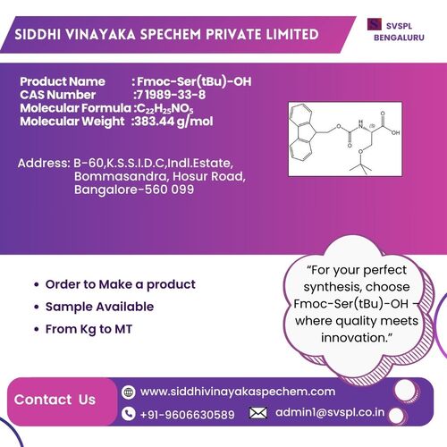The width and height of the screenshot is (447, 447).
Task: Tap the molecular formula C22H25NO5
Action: pos(165,108)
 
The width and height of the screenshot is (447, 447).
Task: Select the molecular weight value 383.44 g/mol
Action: pos(174,122)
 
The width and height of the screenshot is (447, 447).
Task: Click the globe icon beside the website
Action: pos(129,392)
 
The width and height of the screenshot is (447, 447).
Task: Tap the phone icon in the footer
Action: pos(129,414)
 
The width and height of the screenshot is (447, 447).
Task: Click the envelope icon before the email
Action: pos(257,413)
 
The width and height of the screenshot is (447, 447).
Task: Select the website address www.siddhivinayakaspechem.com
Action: pos(238,392)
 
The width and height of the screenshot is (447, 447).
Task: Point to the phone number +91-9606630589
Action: pos(187,415)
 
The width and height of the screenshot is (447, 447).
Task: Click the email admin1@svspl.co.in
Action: pos(330,412)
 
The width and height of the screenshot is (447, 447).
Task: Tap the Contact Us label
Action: pos(55,400)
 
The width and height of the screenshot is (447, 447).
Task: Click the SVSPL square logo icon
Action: pos(375,24)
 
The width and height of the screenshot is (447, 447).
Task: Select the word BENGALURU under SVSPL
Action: pos(399,38)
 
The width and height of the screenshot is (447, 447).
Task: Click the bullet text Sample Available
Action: pos(99,307)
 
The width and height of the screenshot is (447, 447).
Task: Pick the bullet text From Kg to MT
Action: pos(89,329)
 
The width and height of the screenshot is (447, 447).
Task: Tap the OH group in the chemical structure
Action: pos(395,132)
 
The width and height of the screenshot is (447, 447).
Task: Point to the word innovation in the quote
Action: pos(355,338)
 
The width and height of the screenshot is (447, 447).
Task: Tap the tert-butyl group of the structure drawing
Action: pos(360,167)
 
